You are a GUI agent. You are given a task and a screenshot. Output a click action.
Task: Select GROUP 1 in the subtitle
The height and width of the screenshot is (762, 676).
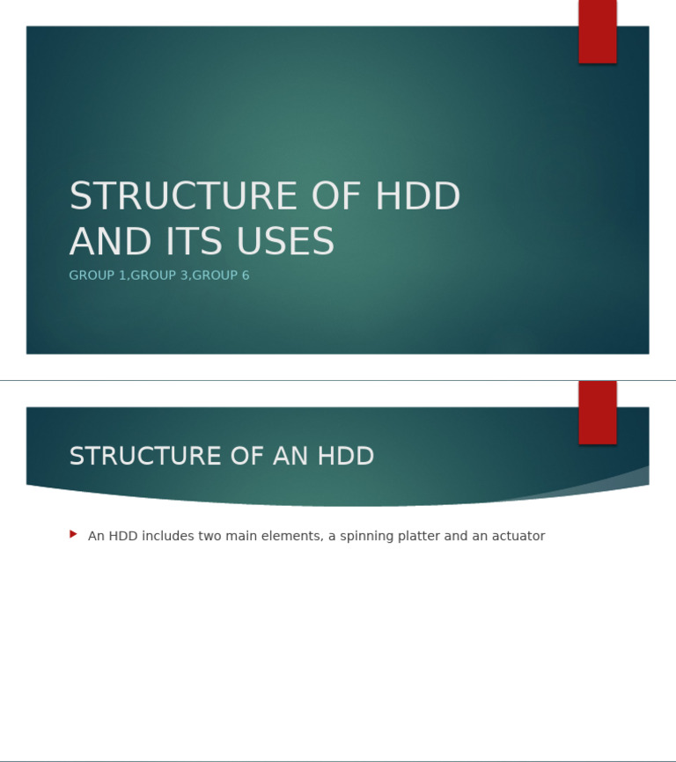(x=98, y=275)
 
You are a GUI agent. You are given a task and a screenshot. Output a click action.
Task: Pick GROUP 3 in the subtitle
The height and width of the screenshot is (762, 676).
(x=159, y=275)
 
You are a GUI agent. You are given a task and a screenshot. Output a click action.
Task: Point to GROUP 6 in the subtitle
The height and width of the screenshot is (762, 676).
(x=221, y=275)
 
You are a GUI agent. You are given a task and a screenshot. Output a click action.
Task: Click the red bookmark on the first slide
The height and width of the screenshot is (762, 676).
(x=597, y=32)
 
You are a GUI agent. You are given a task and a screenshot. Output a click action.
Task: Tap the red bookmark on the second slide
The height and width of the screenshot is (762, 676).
(x=597, y=413)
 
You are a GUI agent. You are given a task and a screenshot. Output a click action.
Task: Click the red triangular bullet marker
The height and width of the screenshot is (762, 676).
(x=74, y=534)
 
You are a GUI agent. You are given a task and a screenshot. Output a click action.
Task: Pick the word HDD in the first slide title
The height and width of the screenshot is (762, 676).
(x=417, y=196)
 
